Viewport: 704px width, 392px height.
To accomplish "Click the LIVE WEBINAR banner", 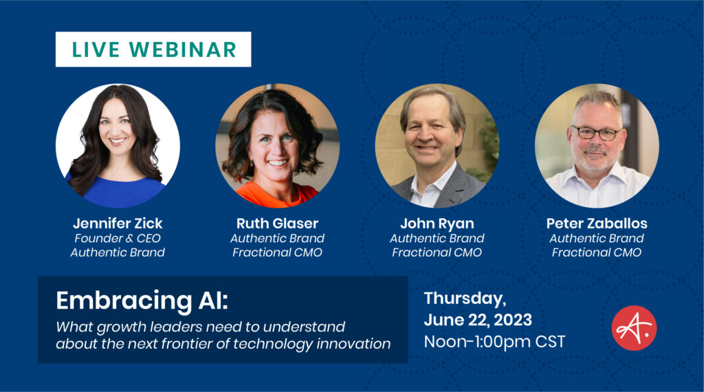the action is click(x=153, y=50).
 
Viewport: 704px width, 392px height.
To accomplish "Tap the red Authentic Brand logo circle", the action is click(x=634, y=328).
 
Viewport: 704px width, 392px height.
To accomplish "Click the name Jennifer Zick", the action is click(x=118, y=224).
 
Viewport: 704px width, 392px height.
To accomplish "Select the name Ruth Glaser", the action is click(x=278, y=224).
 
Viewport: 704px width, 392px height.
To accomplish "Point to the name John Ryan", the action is click(x=437, y=224).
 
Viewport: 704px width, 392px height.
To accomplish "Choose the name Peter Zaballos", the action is click(x=597, y=224).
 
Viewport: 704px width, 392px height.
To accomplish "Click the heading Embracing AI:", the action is click(x=142, y=301).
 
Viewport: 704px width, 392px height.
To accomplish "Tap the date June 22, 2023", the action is click(x=478, y=320).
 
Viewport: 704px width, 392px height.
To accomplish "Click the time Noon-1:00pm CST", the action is click(x=494, y=342).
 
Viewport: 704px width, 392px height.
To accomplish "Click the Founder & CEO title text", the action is click(x=118, y=239).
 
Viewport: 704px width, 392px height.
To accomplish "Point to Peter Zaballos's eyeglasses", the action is click(x=597, y=133).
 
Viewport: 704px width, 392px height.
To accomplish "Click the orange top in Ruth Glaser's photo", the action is click(x=276, y=195).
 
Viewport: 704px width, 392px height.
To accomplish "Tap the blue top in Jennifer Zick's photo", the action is click(x=118, y=191).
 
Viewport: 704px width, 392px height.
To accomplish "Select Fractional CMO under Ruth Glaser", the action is click(x=278, y=253).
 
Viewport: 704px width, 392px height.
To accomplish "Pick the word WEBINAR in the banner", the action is click(x=183, y=50).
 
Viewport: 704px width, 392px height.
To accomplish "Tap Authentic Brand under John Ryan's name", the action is click(x=437, y=239).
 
